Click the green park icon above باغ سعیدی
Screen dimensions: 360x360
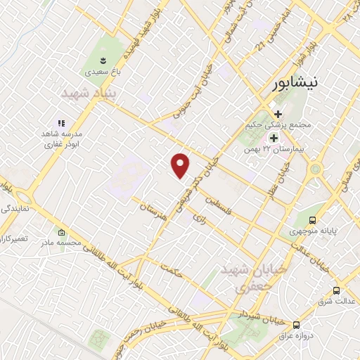pos(103,58)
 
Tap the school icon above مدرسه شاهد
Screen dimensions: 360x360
pos(62,120)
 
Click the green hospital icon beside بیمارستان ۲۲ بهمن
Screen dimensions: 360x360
pos(274,138)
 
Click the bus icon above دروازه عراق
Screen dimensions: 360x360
pos(297,325)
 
